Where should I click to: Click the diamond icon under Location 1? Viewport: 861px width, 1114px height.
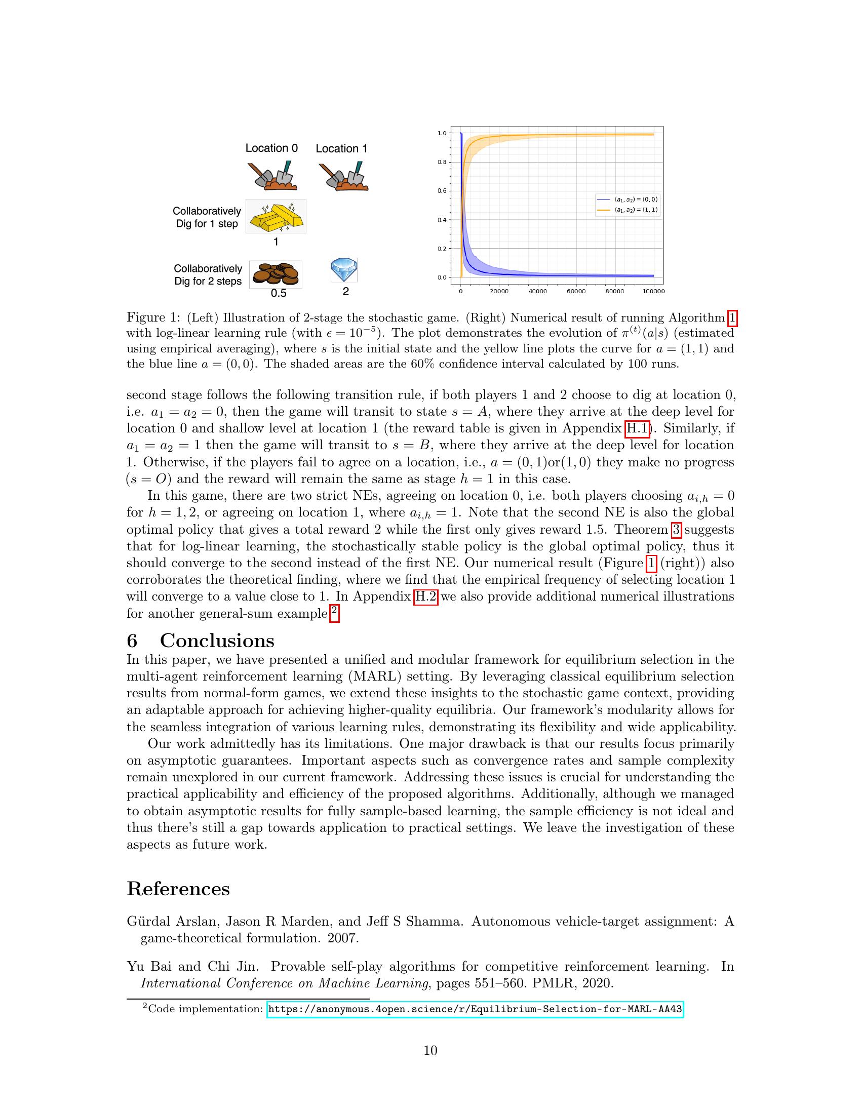tap(344, 270)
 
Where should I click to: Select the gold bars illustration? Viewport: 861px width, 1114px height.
tap(276, 216)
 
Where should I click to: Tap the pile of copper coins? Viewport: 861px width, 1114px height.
tap(276, 274)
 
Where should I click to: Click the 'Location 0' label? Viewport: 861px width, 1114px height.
tap(271, 148)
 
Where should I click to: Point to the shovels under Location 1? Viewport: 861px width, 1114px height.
tap(343, 177)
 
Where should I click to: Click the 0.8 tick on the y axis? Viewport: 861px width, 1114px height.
tap(442, 162)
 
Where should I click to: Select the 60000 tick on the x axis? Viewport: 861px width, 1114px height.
tap(576, 291)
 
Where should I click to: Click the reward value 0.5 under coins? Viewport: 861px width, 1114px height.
tap(278, 293)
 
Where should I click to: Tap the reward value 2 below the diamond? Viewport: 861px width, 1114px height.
tap(345, 292)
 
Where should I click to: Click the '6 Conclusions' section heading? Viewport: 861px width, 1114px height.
tap(201, 640)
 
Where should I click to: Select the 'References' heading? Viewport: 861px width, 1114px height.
tap(178, 889)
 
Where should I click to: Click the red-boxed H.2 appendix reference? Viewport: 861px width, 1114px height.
tap(425, 596)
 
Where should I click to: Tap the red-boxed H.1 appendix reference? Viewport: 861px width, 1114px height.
tap(637, 428)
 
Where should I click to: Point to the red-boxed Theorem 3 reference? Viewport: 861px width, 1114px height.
tap(676, 530)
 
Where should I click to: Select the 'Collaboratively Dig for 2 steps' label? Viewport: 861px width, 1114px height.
tap(208, 275)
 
